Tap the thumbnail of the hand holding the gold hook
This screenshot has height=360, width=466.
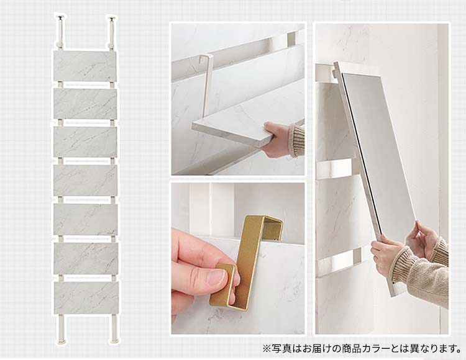(238, 258)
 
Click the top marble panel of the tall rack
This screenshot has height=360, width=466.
(85, 66)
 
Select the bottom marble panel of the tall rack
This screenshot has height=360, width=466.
(86, 298)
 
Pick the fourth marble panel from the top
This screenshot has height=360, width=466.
(86, 180)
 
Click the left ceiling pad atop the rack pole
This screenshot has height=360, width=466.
(61, 17)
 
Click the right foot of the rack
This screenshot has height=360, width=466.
(115, 340)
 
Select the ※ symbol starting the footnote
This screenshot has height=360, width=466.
(267, 348)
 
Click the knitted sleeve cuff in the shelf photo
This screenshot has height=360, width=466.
(296, 140)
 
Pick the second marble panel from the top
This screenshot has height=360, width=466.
(85, 104)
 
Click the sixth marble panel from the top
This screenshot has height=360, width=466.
(86, 258)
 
